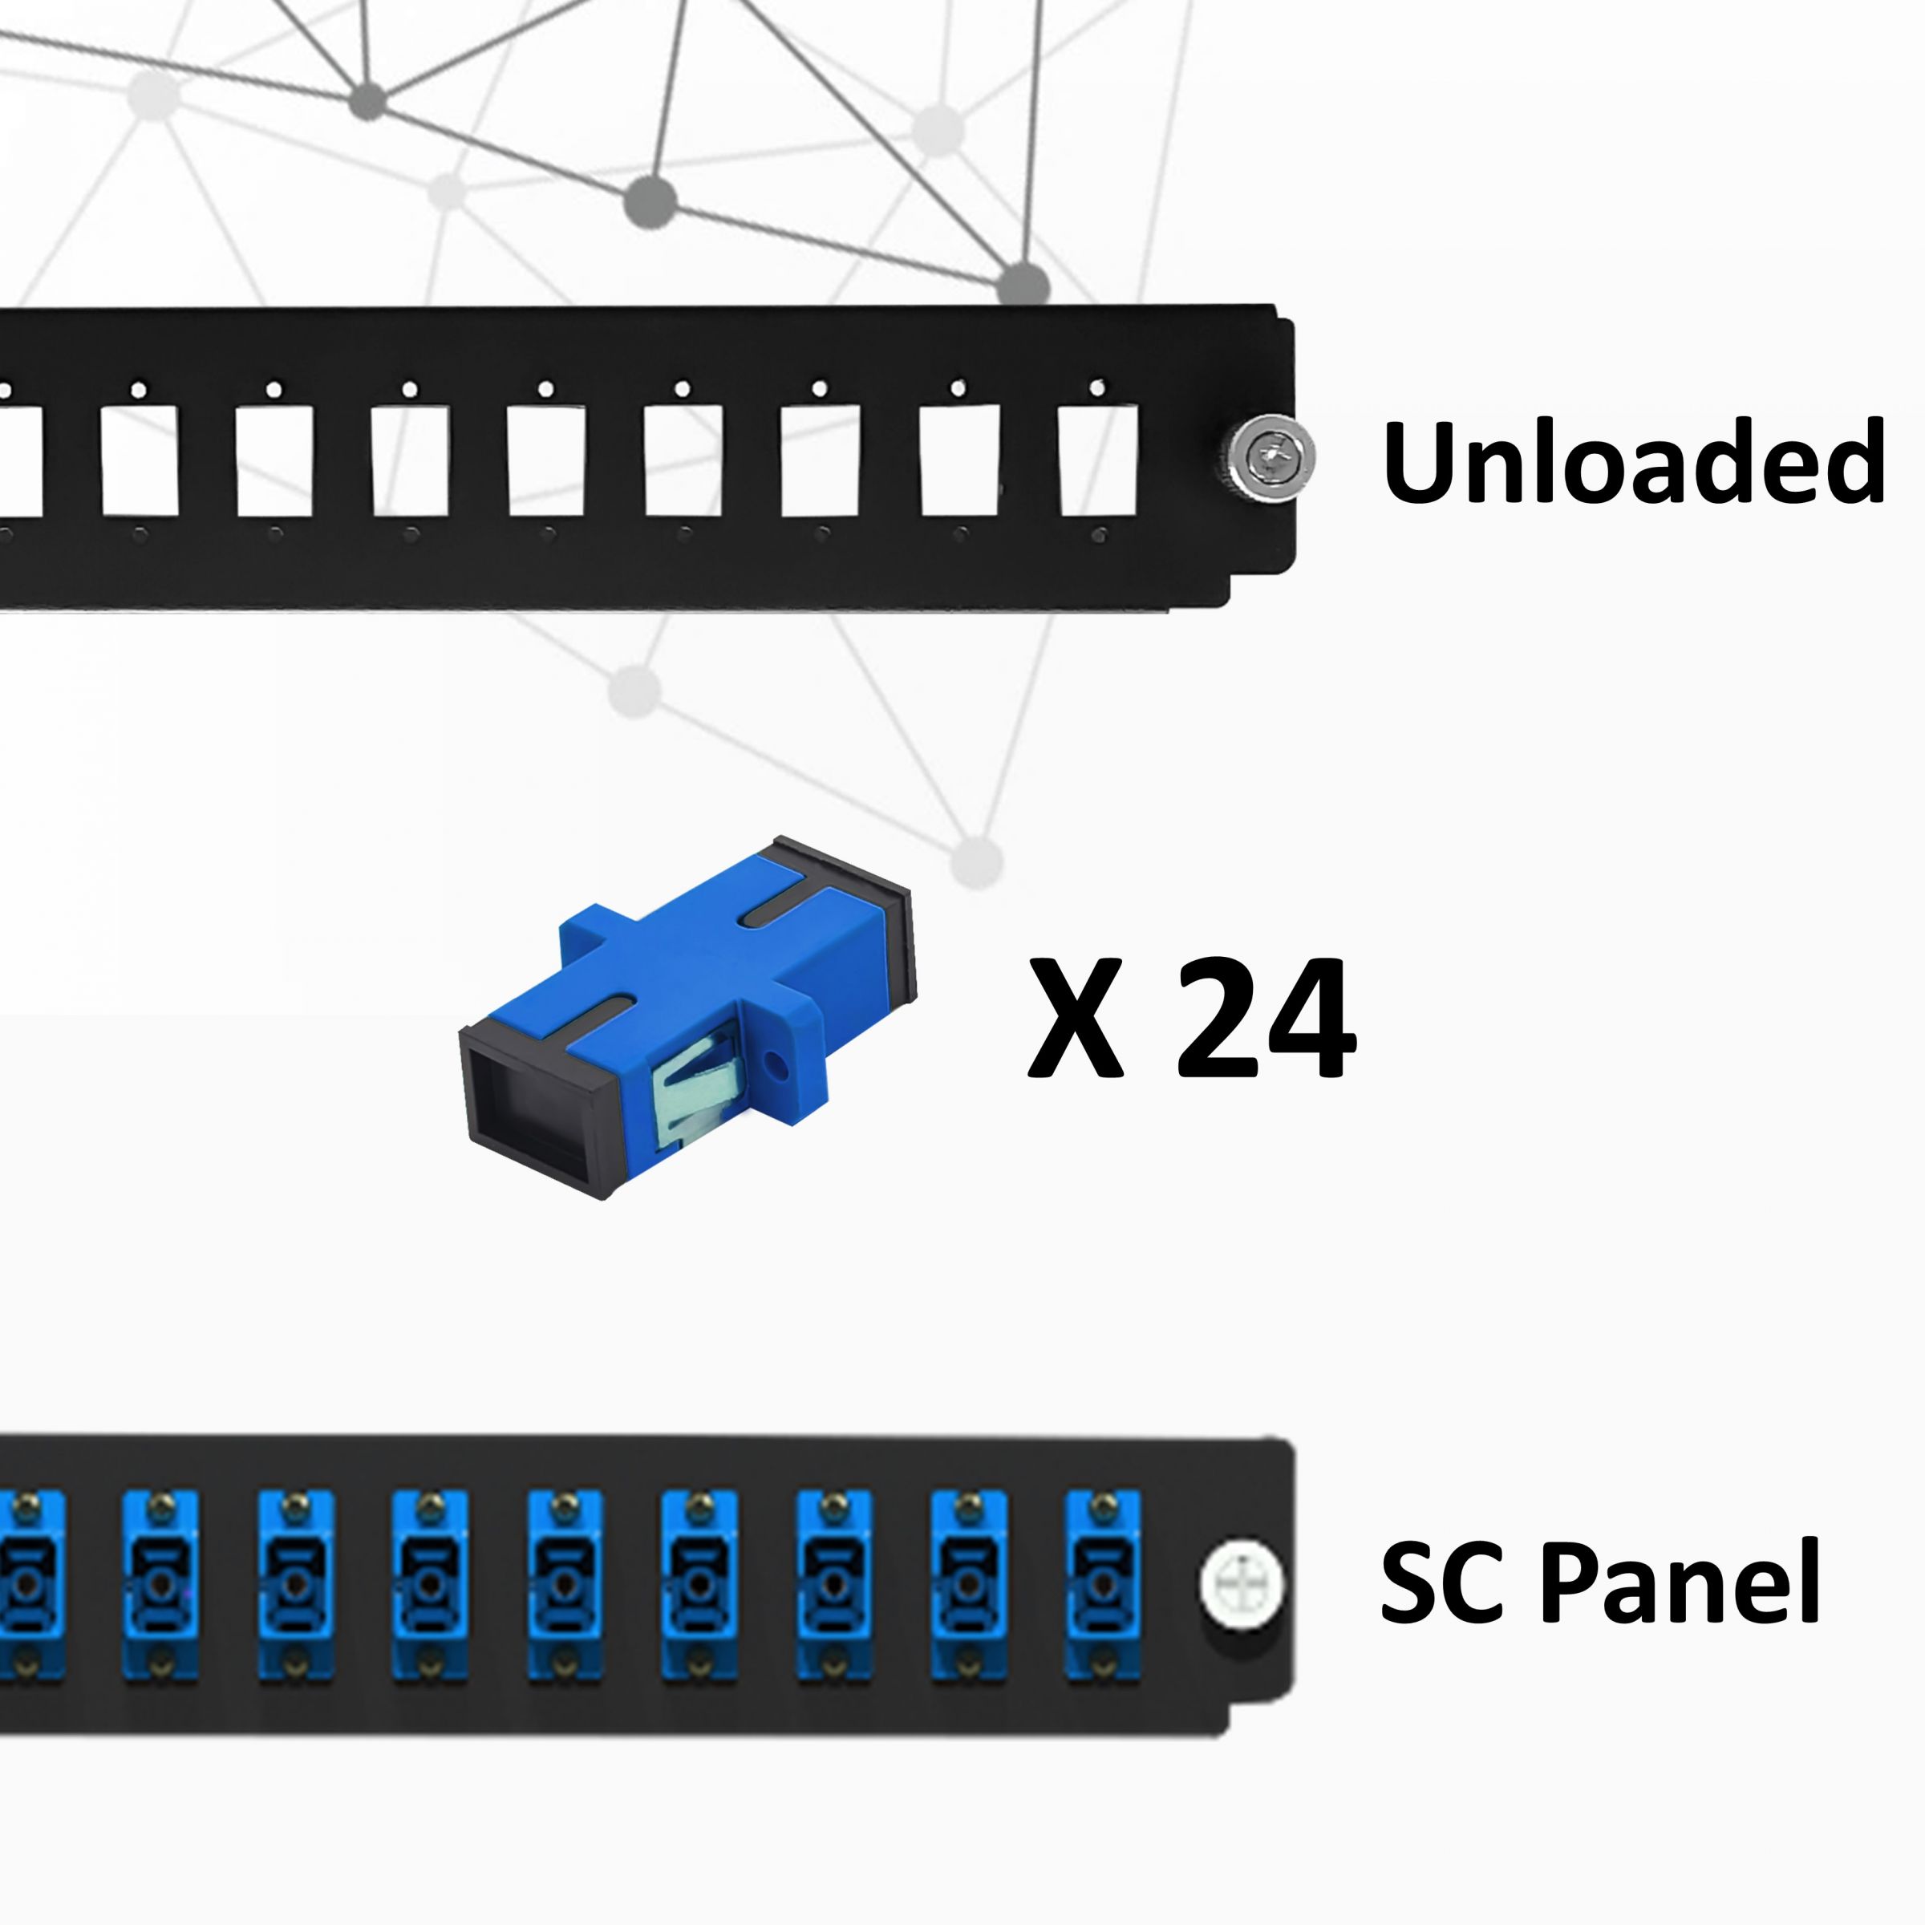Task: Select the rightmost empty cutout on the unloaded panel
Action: click(1097, 460)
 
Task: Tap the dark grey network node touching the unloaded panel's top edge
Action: click(1023, 285)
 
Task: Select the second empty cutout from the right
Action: click(958, 460)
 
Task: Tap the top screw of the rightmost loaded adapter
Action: click(1101, 1505)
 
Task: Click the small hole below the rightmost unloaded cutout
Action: click(1098, 535)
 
